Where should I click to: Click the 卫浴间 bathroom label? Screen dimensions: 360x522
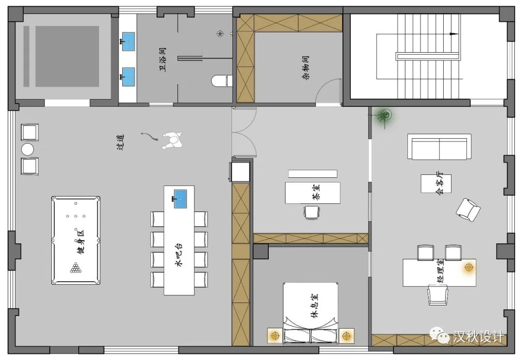[x=163, y=59]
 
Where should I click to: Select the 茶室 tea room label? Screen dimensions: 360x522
[x=317, y=194]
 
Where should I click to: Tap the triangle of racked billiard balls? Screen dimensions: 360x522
[x=76, y=268]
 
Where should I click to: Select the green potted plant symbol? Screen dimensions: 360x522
[x=385, y=115]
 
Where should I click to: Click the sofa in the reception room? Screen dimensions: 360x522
[x=439, y=146]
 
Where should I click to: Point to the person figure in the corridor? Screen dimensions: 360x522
[x=171, y=141]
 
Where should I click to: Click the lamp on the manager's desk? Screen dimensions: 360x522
[x=468, y=267]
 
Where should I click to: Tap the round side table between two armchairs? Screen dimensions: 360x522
[x=28, y=149]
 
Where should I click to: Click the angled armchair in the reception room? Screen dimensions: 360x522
[x=468, y=209]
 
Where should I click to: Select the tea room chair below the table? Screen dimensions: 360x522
[x=312, y=212]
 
